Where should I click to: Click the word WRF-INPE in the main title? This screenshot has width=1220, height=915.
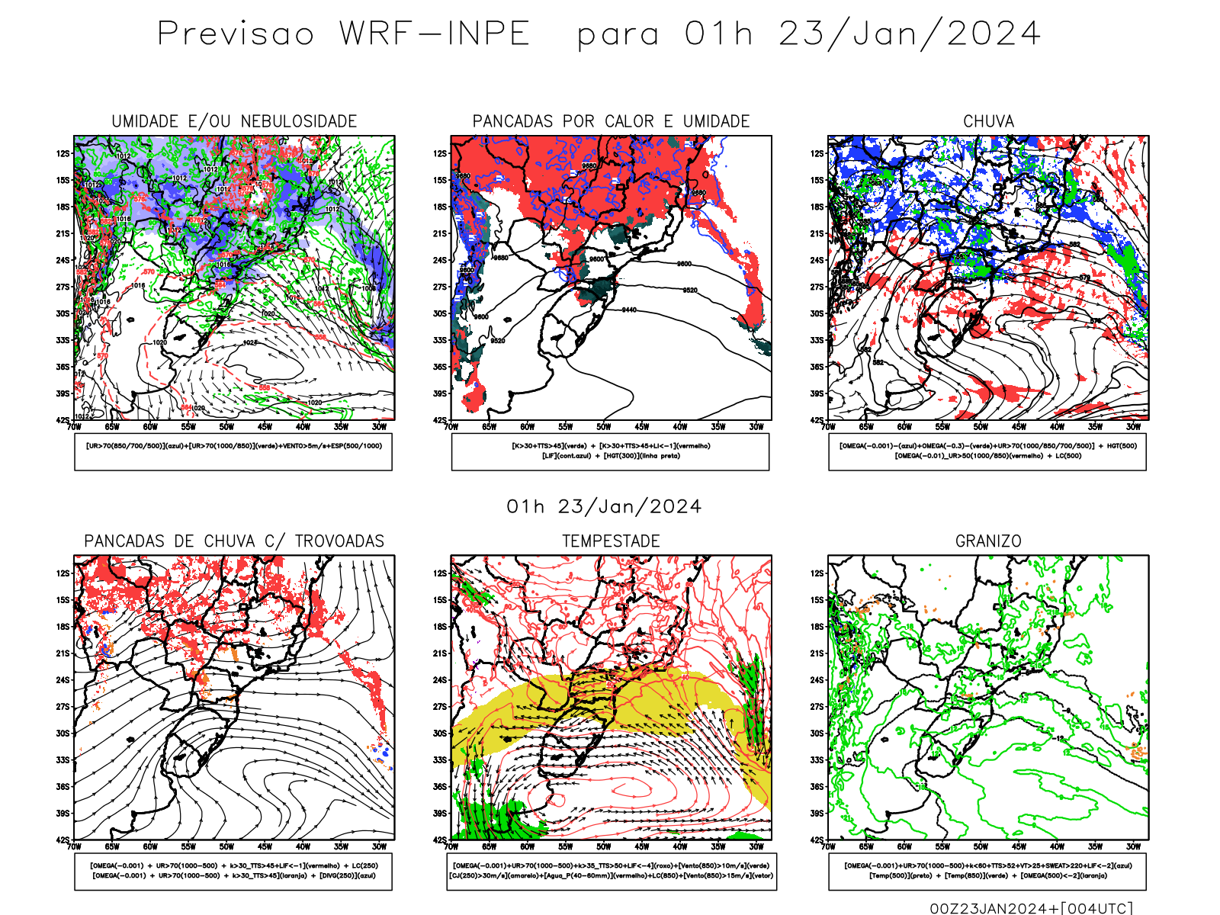[435, 34]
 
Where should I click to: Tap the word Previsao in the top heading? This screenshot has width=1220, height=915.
[236, 34]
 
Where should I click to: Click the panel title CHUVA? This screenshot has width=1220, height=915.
[988, 121]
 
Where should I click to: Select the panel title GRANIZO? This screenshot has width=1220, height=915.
[988, 541]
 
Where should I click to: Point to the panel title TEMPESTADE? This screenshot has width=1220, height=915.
[611, 541]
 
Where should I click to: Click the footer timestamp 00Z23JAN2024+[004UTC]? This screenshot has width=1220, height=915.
[1031, 908]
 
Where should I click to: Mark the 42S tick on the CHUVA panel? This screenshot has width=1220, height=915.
[817, 420]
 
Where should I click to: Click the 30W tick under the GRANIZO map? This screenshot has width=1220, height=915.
[1134, 846]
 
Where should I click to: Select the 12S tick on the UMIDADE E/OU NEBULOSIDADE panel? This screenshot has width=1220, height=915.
[63, 153]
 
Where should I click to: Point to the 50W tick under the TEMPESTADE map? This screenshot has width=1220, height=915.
[603, 846]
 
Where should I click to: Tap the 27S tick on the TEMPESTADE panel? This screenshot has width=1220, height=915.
[440, 707]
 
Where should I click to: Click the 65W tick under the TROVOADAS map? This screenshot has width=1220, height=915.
[112, 846]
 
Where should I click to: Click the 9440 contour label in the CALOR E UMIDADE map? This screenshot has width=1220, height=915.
[628, 310]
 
